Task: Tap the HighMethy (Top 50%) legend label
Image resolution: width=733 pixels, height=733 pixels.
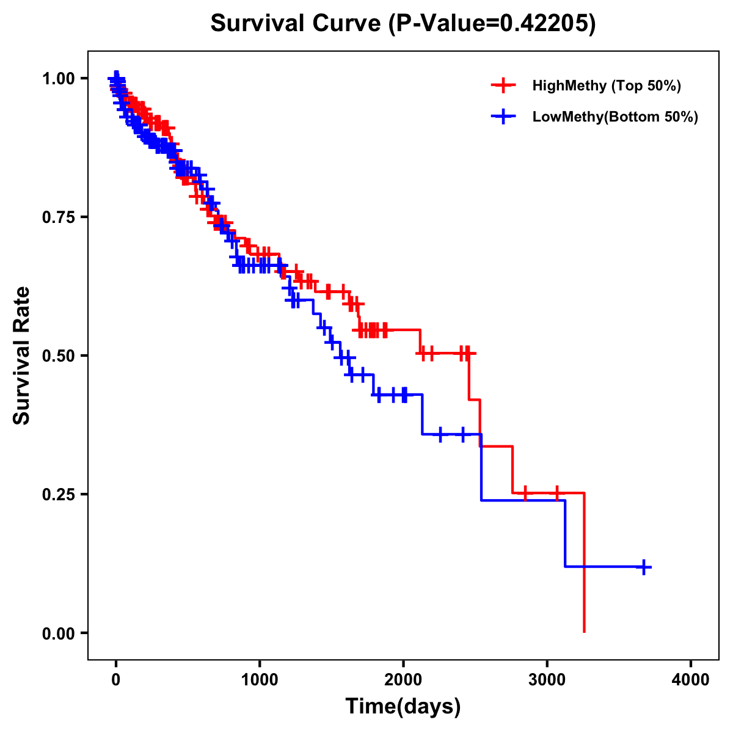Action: click(606, 86)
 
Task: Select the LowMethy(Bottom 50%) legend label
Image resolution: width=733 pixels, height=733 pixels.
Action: click(614, 117)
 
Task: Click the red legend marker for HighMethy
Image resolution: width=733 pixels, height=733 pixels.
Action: click(503, 86)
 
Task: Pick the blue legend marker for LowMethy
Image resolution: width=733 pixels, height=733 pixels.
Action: click(503, 117)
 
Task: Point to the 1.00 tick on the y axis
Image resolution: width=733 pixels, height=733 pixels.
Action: click(57, 78)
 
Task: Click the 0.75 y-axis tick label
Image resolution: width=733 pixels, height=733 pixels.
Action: click(57, 217)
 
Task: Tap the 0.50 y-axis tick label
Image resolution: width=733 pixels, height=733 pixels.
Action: click(57, 356)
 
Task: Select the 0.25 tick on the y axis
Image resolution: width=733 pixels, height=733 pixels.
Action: click(57, 494)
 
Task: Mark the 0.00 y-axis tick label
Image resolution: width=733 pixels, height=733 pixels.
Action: click(57, 633)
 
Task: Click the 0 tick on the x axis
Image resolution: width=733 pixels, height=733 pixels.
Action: click(115, 680)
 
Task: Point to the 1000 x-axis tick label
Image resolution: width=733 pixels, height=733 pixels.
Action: click(260, 680)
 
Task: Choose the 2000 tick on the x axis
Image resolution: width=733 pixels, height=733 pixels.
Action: click(403, 680)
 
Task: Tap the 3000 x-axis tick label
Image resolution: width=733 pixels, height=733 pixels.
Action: click(547, 680)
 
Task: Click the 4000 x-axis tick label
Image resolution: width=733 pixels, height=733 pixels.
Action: click(691, 680)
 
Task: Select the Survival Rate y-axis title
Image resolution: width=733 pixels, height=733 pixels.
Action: click(22, 356)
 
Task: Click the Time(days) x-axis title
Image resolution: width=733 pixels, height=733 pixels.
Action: click(403, 707)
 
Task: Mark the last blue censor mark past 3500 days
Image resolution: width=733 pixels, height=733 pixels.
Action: click(643, 567)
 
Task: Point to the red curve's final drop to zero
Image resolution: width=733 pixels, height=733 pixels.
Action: click(585, 562)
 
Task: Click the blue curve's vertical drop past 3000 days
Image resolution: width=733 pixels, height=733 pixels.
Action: click(565, 533)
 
